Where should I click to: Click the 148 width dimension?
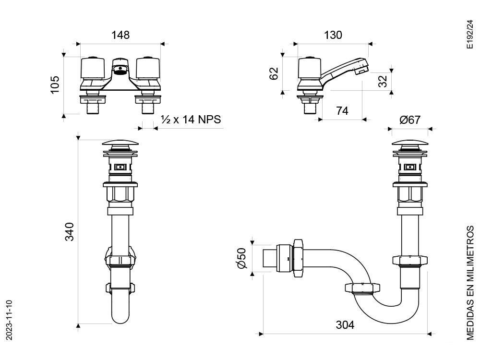coord(120,35)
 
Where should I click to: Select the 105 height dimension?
coord(55,85)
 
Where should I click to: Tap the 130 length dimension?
coord(333,35)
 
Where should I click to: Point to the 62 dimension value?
coord(274,73)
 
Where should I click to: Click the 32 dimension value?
coord(383,81)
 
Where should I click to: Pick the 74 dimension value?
coord(342,110)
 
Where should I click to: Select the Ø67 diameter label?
coord(410,120)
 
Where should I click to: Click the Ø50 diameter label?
coord(241,258)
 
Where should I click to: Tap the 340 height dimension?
coord(70,232)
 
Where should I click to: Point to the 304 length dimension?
coord(345,325)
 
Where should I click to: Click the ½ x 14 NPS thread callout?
coord(191,120)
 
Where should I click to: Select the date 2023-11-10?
coord(9,320)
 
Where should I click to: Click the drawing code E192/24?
coord(469,34)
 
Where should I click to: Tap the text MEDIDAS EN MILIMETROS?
coord(470,283)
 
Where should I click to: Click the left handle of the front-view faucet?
coord(93,67)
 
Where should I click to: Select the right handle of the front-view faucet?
coord(148,67)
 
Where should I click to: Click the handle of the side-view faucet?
coord(310,67)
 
